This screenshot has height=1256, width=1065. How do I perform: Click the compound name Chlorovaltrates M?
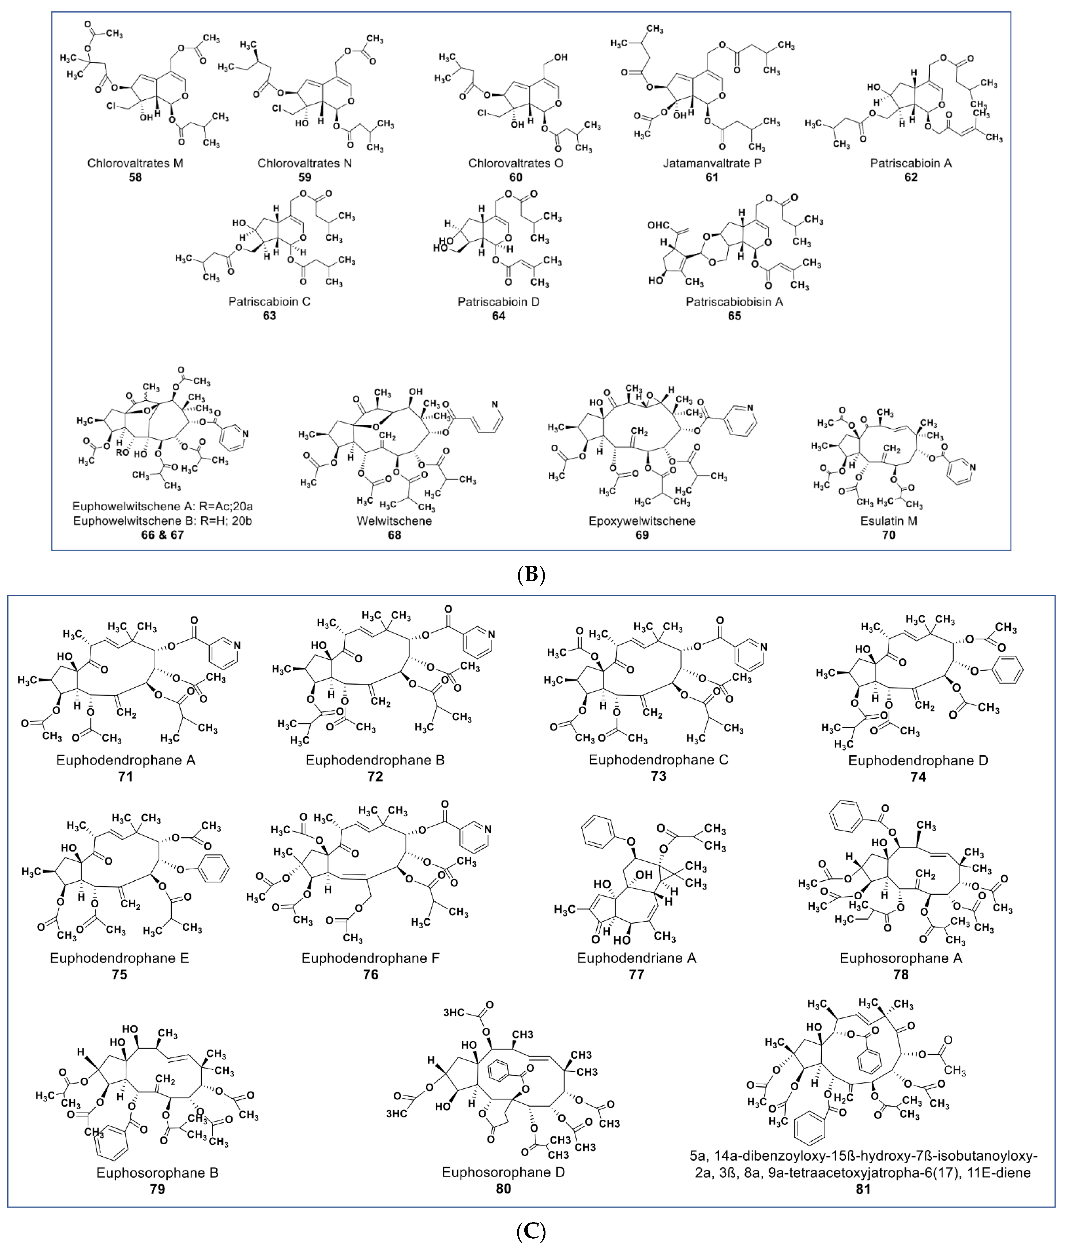coord(135,163)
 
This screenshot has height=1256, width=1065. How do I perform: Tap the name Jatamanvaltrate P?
coord(712,163)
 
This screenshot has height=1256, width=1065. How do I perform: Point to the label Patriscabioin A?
coord(910,163)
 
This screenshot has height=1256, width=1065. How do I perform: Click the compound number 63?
coord(269,316)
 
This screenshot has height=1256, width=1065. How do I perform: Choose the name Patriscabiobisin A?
coord(734,302)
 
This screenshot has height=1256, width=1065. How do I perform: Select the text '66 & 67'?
coord(162,535)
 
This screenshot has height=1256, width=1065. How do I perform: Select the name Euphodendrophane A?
coord(126,760)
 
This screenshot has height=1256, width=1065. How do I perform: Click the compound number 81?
coord(863,1189)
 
